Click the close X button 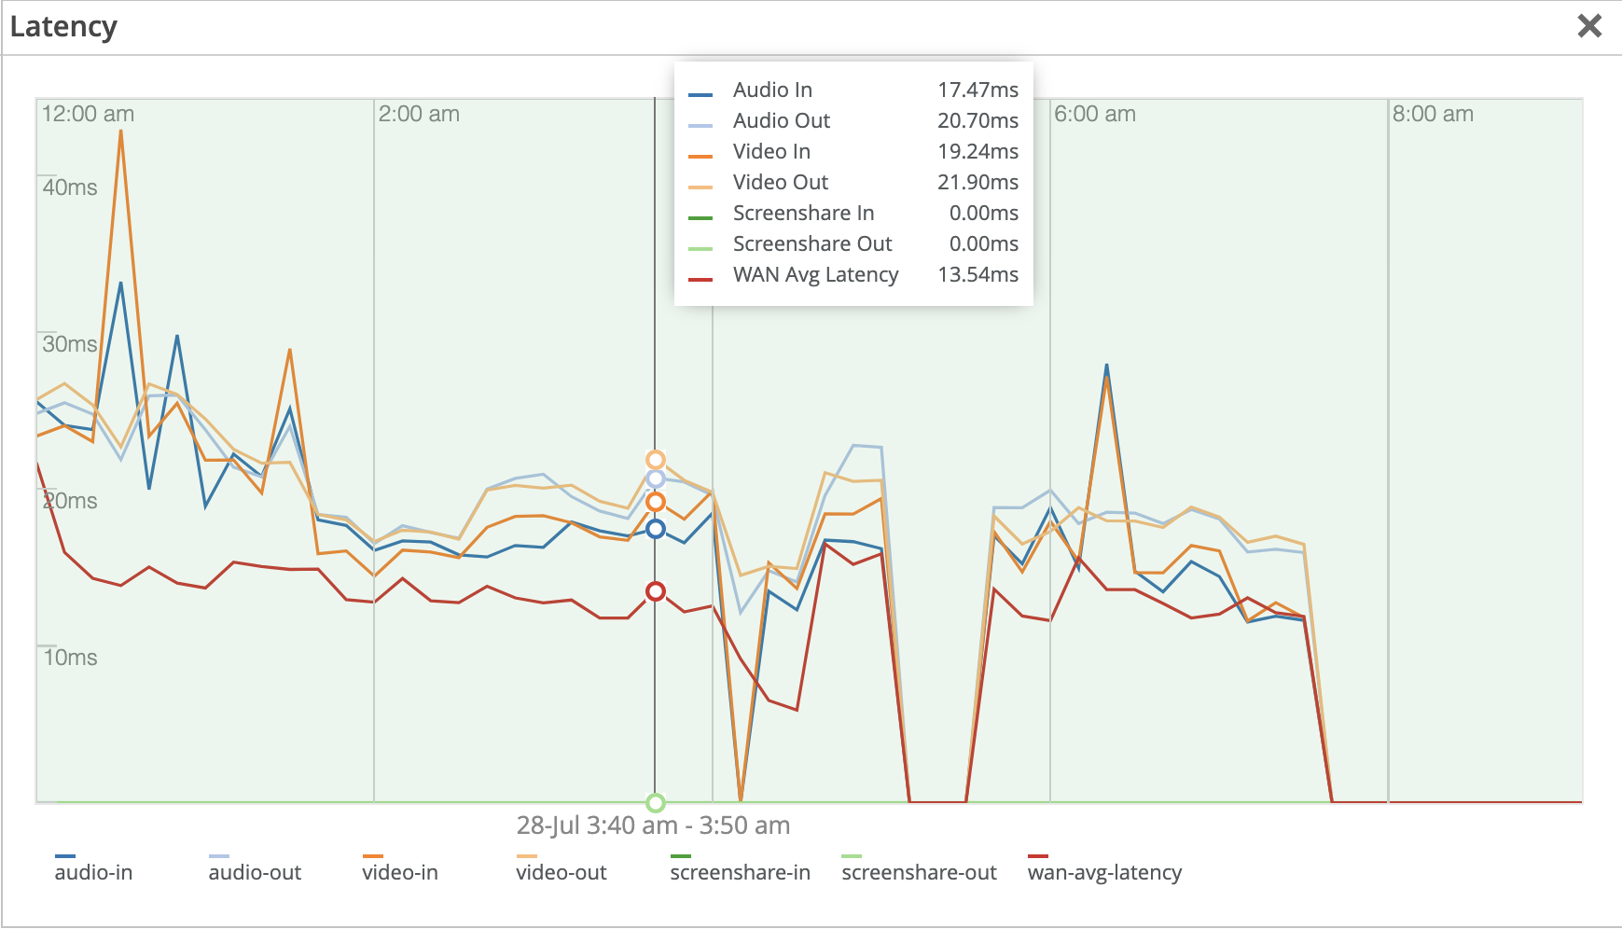[x=1589, y=26]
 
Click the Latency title [x=63, y=27]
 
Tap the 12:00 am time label [x=88, y=114]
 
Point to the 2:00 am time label [x=419, y=114]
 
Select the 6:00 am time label [x=1094, y=114]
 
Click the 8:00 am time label [x=1433, y=114]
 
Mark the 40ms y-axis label [x=70, y=187]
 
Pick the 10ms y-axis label [x=70, y=658]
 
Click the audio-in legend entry [x=93, y=872]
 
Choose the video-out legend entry [x=561, y=872]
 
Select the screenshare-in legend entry [x=740, y=872]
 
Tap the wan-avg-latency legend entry [x=1104, y=872]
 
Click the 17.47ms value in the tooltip [x=977, y=90]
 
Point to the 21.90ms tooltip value [x=977, y=182]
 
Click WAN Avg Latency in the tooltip [x=815, y=274]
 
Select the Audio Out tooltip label [x=781, y=120]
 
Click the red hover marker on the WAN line [x=656, y=591]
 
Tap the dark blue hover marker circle [x=656, y=529]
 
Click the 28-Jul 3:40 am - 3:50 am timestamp [x=653, y=825]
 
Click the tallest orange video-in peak [x=120, y=132]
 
